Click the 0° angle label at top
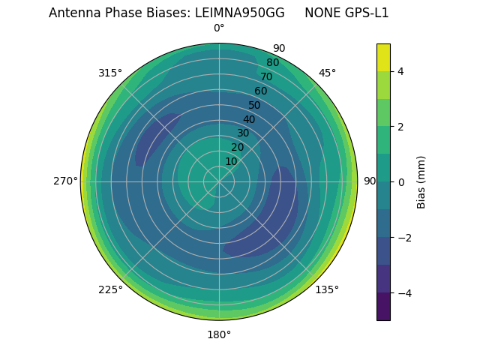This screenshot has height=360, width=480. click(x=219, y=28)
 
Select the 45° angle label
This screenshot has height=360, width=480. click(x=327, y=73)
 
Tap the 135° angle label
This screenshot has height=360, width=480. click(x=327, y=289)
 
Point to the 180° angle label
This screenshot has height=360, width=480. click(x=219, y=334)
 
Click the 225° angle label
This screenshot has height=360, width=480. click(x=110, y=289)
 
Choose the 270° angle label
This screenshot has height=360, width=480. click(x=66, y=181)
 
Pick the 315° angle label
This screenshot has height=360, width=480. click(x=110, y=73)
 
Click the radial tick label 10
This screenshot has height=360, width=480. click(x=232, y=161)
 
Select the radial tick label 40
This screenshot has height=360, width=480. click(x=249, y=119)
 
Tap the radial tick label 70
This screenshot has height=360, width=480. click(x=266, y=76)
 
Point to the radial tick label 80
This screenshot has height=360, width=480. click(x=272, y=63)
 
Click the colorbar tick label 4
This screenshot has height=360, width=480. click(x=401, y=71)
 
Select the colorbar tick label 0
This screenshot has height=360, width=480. click(x=401, y=181)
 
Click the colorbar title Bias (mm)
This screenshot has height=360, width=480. click(x=421, y=181)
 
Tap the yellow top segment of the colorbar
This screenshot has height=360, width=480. click(x=383, y=57)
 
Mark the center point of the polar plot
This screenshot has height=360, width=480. click(x=219, y=181)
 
